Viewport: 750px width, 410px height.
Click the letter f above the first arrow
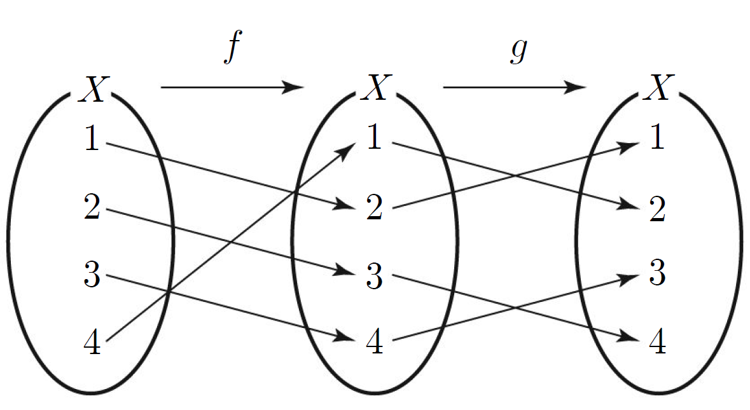[233, 47]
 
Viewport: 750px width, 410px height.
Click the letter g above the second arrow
[518, 50]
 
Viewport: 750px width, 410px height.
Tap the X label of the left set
[94, 89]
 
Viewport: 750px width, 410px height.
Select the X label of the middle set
[377, 88]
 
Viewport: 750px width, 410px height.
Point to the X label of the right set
[659, 88]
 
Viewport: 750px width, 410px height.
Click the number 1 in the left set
[92, 138]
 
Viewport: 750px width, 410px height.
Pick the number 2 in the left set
[92, 207]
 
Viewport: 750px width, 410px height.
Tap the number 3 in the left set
[92, 274]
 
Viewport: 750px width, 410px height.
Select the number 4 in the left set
[92, 342]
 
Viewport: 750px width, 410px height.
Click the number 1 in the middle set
[375, 137]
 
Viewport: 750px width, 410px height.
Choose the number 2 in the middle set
[375, 207]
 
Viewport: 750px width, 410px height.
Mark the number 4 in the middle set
[375, 342]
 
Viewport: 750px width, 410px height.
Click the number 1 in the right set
[657, 137]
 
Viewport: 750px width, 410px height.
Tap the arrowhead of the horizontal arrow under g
[575, 87]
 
